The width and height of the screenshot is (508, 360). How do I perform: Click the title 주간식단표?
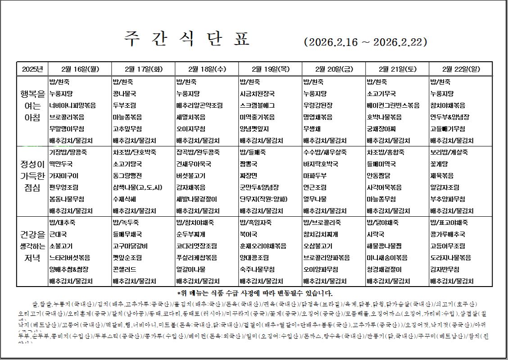click(x=186, y=38)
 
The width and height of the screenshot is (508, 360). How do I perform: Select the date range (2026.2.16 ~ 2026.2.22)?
click(x=366, y=42)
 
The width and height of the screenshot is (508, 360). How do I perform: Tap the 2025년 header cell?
click(x=32, y=69)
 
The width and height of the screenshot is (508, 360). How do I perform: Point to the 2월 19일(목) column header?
click(x=270, y=69)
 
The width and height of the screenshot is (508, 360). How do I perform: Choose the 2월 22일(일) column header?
click(x=461, y=69)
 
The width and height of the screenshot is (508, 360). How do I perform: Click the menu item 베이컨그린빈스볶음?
click(x=393, y=105)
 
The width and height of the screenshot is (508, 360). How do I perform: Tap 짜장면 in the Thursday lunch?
click(x=249, y=176)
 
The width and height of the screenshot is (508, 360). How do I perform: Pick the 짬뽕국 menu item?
click(x=249, y=164)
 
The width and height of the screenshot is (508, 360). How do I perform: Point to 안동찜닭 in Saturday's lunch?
click(x=378, y=176)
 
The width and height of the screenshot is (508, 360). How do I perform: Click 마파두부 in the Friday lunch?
click(x=315, y=176)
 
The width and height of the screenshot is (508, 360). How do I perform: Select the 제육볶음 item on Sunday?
click(x=442, y=176)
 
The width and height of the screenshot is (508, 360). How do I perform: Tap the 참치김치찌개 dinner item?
click(x=321, y=234)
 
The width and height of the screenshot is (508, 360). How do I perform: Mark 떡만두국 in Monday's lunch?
click(x=61, y=164)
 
